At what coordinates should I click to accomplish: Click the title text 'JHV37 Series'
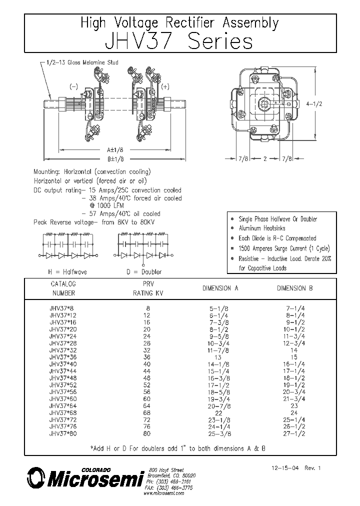179,41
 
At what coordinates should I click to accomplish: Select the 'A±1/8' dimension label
115,149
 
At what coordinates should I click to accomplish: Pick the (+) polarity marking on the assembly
165,86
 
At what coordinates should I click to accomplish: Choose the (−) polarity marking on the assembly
74,86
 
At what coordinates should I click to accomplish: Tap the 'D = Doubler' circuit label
144,271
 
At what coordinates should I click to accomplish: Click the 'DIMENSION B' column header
295,288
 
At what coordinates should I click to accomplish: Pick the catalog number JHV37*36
63,357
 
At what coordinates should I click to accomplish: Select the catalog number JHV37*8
61,309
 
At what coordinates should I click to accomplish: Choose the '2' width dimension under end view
265,158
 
